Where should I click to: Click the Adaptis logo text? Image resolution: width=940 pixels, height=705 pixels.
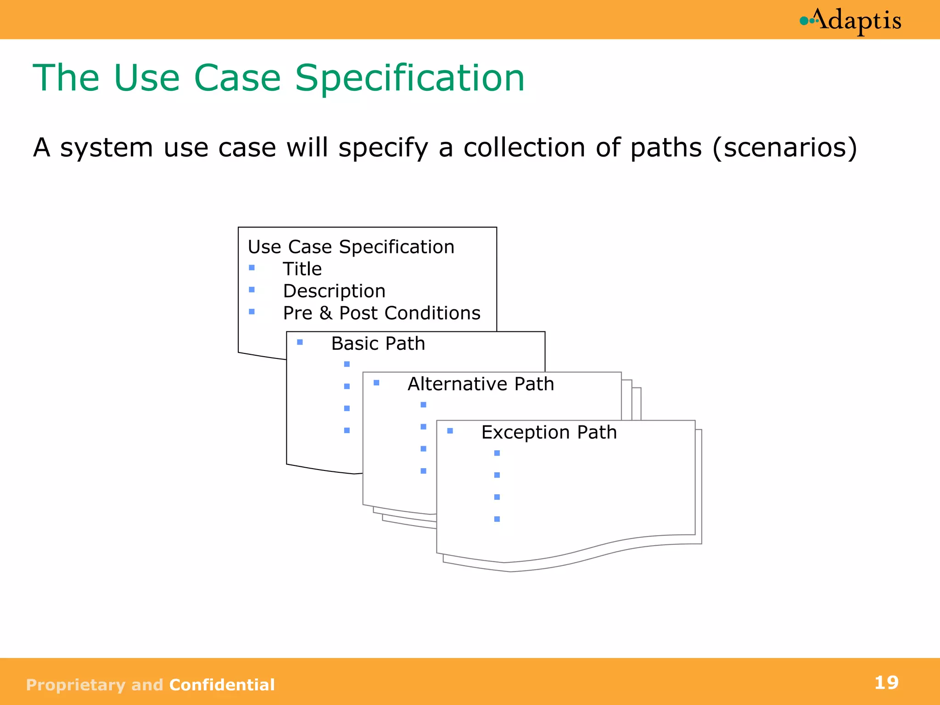point(858,21)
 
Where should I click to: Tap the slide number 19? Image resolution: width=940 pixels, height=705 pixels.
point(886,683)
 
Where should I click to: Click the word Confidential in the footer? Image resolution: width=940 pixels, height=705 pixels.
point(222,685)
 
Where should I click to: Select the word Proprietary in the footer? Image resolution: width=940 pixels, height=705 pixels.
point(75,685)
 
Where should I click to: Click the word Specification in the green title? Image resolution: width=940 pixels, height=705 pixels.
point(409,78)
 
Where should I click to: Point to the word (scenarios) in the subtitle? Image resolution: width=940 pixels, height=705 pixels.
point(784,148)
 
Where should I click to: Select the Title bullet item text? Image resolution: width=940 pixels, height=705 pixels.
point(302,269)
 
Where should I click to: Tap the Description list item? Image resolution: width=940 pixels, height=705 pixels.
point(334,291)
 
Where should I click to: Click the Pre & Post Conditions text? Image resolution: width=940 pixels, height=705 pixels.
point(381,313)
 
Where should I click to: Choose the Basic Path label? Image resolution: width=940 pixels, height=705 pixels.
point(378,343)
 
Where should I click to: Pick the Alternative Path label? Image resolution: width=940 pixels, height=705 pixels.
point(481,384)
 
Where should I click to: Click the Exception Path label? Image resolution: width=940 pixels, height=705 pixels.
point(549,432)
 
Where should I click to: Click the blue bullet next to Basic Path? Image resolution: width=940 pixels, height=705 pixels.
point(300,342)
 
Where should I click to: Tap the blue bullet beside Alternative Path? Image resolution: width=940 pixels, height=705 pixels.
point(376,382)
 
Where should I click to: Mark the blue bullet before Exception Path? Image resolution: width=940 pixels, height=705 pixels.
point(450,431)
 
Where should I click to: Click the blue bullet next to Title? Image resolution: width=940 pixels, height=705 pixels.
point(252,268)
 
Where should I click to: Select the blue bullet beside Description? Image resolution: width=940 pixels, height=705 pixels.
point(252,290)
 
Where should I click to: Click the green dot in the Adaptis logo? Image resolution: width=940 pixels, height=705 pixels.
point(804,21)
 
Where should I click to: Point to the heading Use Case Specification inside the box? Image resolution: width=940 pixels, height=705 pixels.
point(351,247)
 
